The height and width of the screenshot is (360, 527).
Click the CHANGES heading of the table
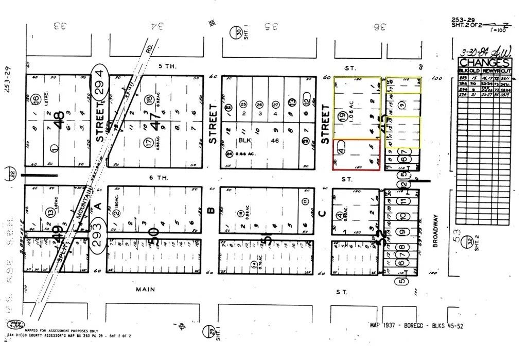click(485, 63)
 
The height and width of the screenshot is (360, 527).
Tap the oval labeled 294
click(100, 82)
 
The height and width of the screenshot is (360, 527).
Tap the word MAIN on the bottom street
click(146, 289)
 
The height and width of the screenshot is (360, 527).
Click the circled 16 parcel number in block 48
click(35, 99)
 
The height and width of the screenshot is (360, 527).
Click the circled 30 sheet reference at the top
click(239, 32)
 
